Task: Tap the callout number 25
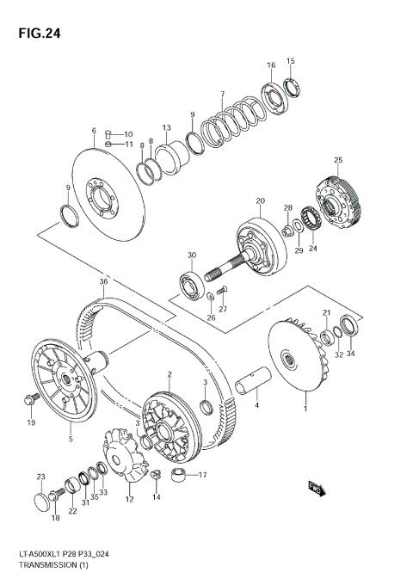pos(338,160)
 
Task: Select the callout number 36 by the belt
pos(102,281)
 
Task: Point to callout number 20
pos(259,201)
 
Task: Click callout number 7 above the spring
pos(221,94)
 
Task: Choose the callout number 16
pos(271,65)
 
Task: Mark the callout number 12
pos(130,499)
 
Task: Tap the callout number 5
pos(71,440)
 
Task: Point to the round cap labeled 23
pos(39,501)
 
